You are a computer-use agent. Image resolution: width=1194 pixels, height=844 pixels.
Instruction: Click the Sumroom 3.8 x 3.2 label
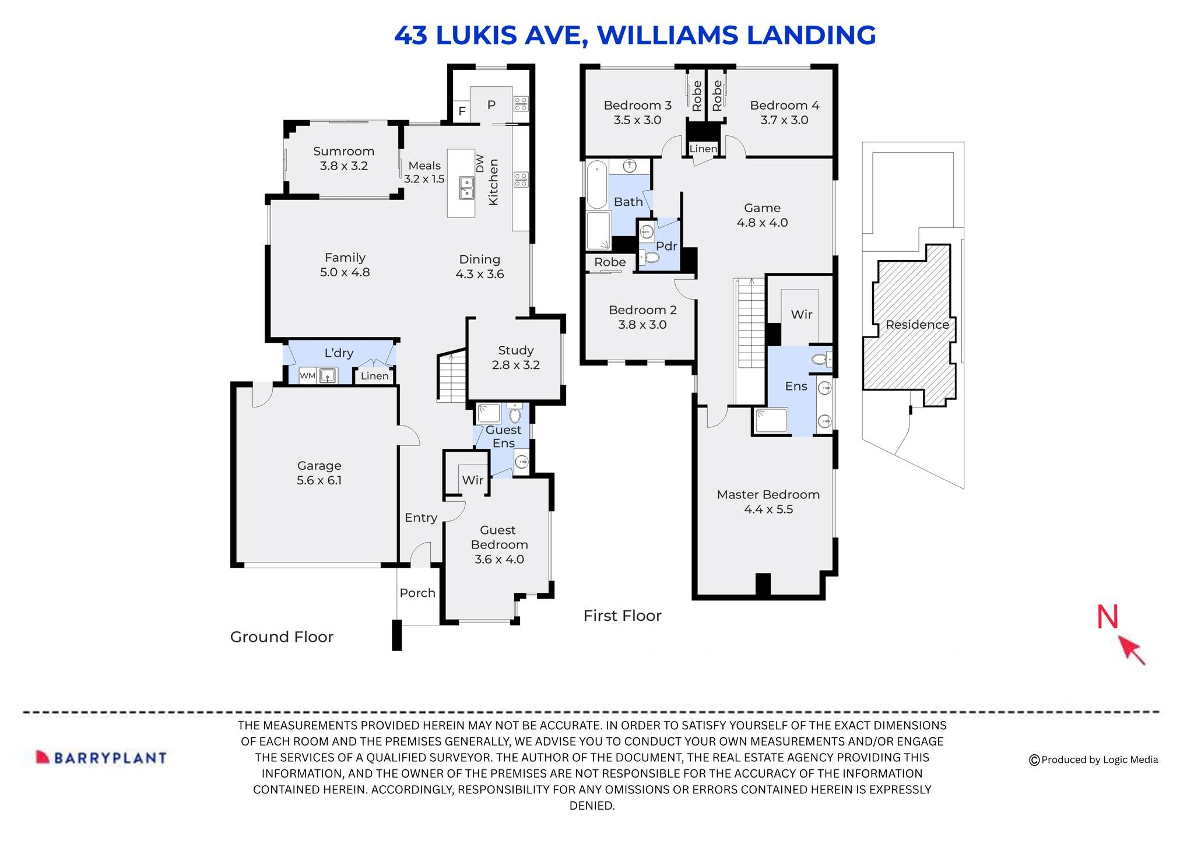click(343, 159)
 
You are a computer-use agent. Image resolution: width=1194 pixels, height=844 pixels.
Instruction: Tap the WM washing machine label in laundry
click(307, 376)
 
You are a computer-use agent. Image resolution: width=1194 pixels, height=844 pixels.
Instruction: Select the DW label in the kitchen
click(480, 163)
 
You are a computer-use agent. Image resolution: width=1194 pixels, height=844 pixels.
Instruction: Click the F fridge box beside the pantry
click(462, 111)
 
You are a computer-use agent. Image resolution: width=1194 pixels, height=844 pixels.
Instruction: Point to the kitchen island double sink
click(466, 188)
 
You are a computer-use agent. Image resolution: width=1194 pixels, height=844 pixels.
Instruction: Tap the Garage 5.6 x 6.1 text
click(319, 473)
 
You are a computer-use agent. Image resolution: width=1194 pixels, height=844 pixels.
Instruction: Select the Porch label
click(417, 593)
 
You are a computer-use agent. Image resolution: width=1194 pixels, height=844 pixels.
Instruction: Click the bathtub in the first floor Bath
click(596, 185)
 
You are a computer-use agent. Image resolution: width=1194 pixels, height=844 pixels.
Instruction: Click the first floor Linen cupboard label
click(703, 149)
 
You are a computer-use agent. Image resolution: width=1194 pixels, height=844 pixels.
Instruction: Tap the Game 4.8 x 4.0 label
click(762, 215)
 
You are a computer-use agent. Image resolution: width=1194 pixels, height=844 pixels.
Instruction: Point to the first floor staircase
click(751, 323)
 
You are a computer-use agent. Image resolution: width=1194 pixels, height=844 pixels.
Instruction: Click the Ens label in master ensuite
click(796, 386)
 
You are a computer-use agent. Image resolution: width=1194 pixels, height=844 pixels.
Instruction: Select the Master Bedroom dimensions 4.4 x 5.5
click(768, 509)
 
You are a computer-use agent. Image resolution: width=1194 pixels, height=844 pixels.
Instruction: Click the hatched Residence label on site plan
click(916, 325)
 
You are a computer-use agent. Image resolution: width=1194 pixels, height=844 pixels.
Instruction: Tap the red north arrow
click(1131, 650)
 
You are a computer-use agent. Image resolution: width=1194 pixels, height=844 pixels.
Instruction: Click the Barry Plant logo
click(101, 758)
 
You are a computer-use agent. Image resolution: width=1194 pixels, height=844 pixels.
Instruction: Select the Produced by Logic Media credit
click(1094, 759)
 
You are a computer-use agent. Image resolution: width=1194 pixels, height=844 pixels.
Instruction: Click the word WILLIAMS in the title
click(668, 35)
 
